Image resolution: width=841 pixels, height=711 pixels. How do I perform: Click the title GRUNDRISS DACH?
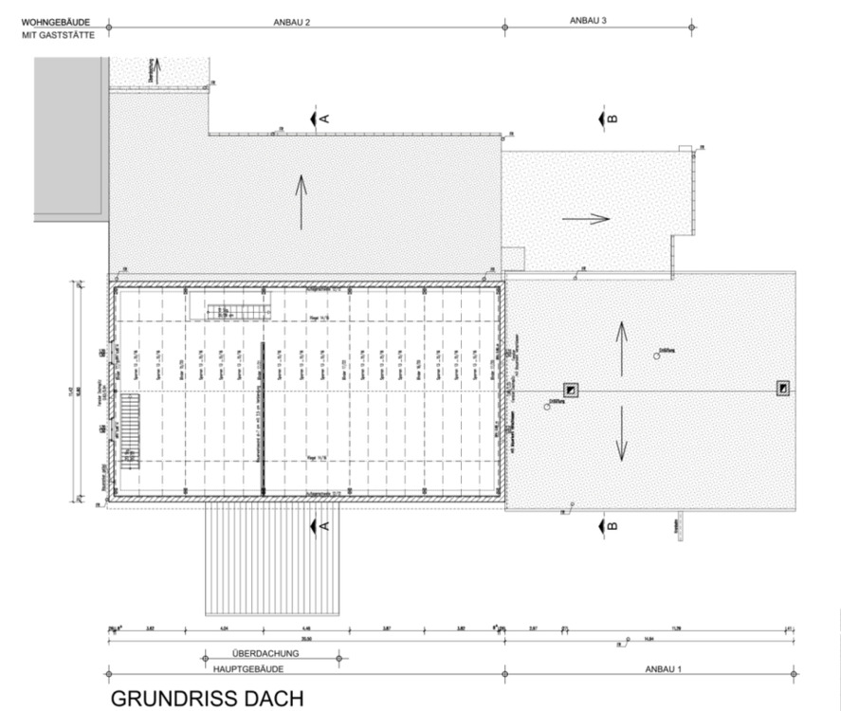click(x=208, y=698)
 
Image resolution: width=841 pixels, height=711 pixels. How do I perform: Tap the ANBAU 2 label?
click(x=292, y=21)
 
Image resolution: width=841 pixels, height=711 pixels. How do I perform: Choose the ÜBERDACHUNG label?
click(x=265, y=654)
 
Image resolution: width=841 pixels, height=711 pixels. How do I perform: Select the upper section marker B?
click(x=607, y=118)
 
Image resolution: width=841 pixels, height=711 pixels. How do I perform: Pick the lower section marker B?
click(x=607, y=524)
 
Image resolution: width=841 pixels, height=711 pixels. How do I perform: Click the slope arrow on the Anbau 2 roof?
click(x=302, y=202)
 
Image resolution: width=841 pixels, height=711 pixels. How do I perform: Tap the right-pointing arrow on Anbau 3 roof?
click(x=585, y=218)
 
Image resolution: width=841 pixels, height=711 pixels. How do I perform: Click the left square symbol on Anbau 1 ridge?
click(x=570, y=390)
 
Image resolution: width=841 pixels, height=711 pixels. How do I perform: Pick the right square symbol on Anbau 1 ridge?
click(x=782, y=388)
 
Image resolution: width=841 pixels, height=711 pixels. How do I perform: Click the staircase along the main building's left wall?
click(x=129, y=429)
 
